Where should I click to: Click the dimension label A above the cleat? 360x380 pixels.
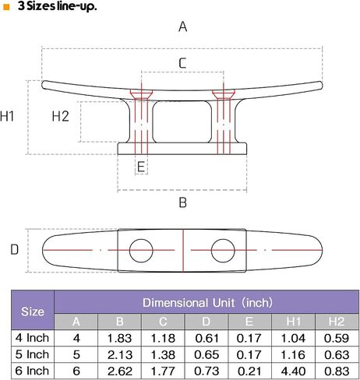(182, 26)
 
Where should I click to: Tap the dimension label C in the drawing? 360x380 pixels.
(182, 63)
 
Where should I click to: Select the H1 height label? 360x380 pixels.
(7, 116)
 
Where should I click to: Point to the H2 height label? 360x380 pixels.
(60, 116)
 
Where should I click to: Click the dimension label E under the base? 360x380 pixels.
(141, 167)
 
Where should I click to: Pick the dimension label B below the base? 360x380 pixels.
(183, 202)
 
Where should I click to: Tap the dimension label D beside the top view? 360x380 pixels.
(14, 250)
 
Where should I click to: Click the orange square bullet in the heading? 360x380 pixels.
(6, 7)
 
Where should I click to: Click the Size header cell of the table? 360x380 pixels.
(33, 311)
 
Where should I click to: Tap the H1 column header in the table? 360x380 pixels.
(293, 322)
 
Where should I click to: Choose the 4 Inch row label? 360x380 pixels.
(32, 338)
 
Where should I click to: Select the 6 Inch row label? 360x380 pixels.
(32, 371)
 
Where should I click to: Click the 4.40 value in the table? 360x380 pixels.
(293, 371)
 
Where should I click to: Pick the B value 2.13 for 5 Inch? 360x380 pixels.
(120, 354)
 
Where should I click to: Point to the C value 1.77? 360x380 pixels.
(163, 371)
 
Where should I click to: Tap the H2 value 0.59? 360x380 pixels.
(337, 338)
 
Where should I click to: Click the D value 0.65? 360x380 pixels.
(206, 354)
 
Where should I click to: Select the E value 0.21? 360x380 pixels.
(249, 371)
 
